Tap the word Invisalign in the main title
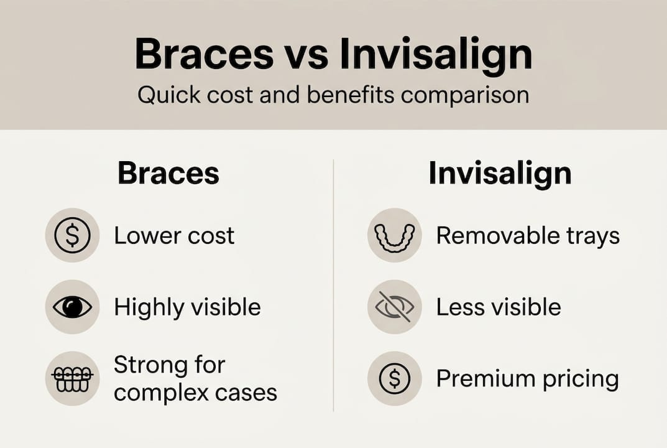click(436, 55)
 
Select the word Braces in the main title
click(205, 55)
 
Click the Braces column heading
click(168, 174)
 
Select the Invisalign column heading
click(500, 174)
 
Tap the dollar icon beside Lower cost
click(72, 235)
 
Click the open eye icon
click(72, 307)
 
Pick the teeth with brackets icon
click(72, 378)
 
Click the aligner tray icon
click(394, 235)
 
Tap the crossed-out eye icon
click(394, 307)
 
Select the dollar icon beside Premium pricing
click(394, 378)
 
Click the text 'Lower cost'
click(174, 236)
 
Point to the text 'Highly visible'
click(187, 307)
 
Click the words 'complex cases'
click(195, 393)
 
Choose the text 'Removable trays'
click(528, 236)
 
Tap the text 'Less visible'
click(499, 307)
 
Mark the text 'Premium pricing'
click(527, 378)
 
